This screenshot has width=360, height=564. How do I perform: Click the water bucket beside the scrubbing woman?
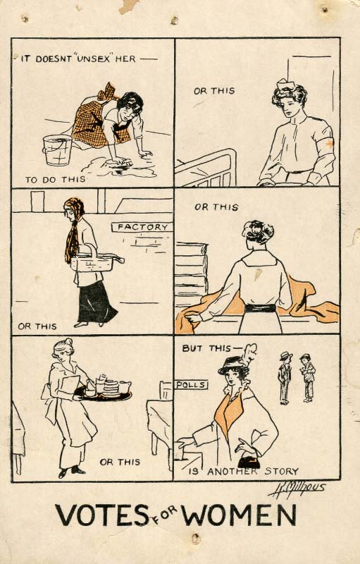(x=57, y=149)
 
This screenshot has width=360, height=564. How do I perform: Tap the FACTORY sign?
(x=142, y=227)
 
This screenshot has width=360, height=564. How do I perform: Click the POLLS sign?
(x=192, y=384)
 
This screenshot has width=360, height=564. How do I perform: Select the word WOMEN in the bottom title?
(x=240, y=515)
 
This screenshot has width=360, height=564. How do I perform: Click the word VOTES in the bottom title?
(x=101, y=515)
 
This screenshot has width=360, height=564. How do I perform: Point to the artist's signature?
(x=297, y=489)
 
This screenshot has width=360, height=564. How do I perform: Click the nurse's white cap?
(x=285, y=85)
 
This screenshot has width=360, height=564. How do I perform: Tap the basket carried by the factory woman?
(x=95, y=261)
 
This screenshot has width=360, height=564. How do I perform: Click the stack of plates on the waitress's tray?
(x=111, y=388)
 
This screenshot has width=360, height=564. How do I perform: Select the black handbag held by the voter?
(x=249, y=462)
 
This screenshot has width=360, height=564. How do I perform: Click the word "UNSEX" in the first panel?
(x=94, y=59)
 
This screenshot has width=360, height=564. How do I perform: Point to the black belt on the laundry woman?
(x=260, y=308)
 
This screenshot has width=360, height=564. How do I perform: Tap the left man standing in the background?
(x=285, y=378)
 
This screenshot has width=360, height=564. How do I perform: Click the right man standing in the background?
(x=308, y=378)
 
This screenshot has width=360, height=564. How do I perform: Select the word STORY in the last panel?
(x=282, y=471)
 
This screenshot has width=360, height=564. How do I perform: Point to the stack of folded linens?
(x=191, y=270)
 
